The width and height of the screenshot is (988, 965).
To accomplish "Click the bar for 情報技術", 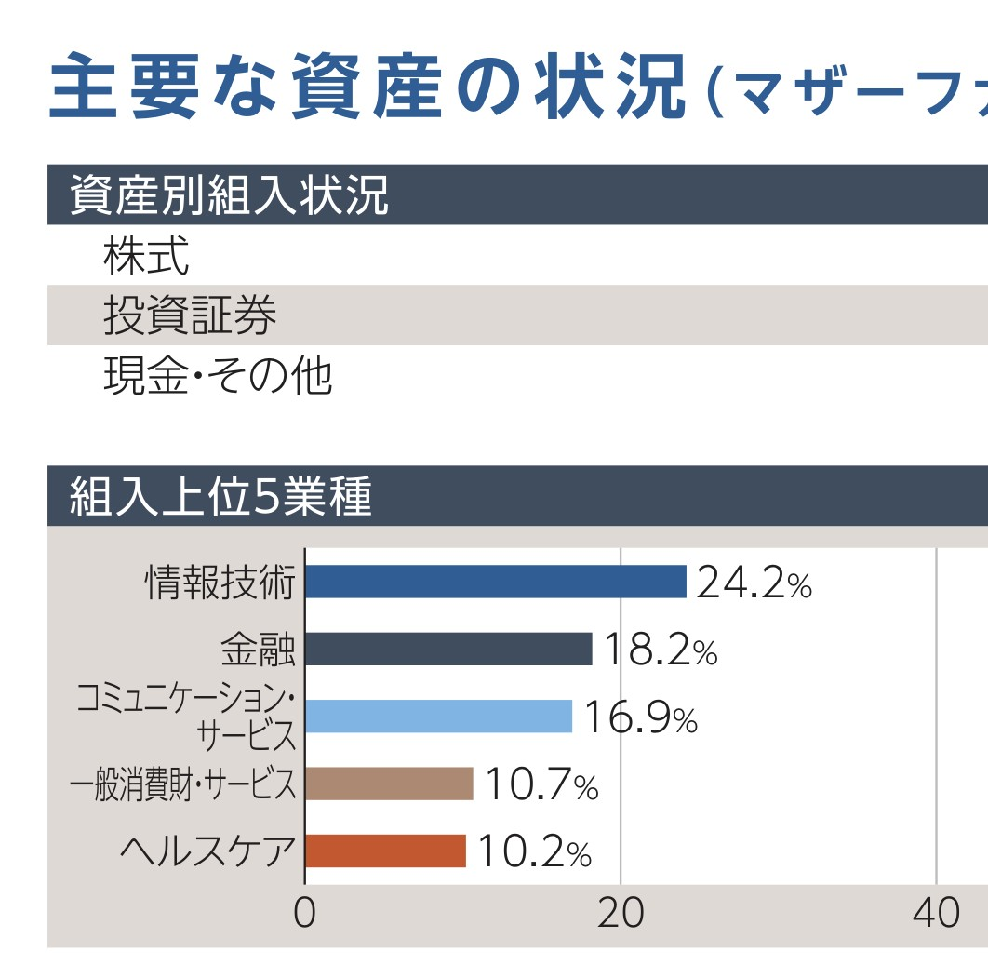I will [x=496, y=582].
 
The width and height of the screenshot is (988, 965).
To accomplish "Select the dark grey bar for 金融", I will [x=448, y=649].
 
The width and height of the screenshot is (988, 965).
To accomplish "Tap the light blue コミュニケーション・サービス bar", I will [x=438, y=717].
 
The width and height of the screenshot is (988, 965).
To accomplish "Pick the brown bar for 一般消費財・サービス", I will [x=389, y=784].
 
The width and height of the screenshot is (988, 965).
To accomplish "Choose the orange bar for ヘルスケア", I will [x=385, y=851].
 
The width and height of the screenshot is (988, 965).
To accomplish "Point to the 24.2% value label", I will [x=754, y=583].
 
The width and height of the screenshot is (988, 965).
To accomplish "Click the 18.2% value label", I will [x=660, y=650].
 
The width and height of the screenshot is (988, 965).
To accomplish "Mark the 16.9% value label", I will [x=640, y=717].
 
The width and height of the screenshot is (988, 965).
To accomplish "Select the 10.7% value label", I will [x=541, y=785].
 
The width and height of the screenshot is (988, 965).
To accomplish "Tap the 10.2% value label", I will [x=534, y=852].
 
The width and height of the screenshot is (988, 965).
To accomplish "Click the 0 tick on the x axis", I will [x=304, y=914].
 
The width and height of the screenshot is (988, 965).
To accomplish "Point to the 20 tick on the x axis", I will [x=621, y=914].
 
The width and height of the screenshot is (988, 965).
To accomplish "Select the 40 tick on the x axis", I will [x=936, y=914].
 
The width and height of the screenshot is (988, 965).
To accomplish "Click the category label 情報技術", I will [x=220, y=583].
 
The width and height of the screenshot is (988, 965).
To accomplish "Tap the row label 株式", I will [x=146, y=256].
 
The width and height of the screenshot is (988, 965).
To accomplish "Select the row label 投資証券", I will [x=190, y=316].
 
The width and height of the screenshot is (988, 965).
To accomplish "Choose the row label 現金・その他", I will [x=218, y=377].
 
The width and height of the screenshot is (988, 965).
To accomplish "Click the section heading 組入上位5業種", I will [x=221, y=498].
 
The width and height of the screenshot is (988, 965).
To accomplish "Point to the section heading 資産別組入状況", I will [x=229, y=195].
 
